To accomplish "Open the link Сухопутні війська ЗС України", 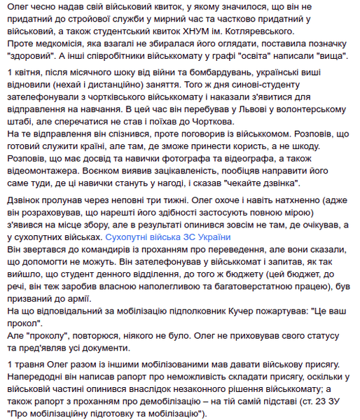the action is (168, 237).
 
